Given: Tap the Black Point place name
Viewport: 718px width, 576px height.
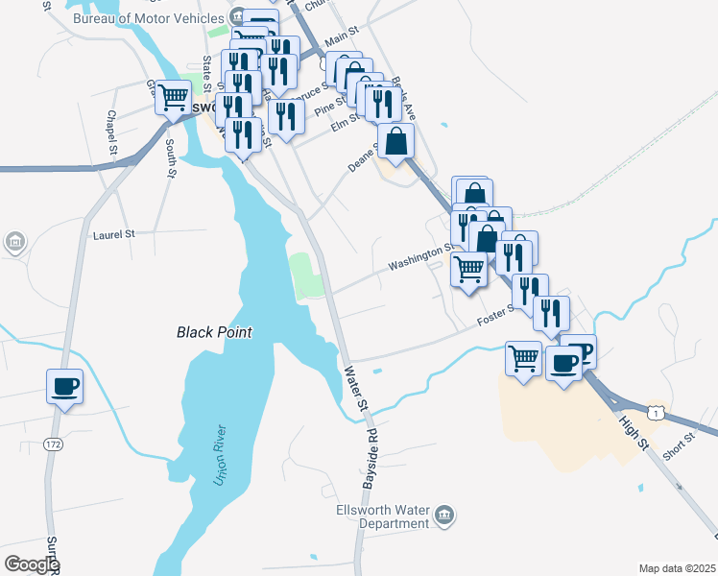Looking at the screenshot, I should point(214,332).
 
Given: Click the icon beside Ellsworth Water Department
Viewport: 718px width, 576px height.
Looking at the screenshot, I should point(443,516).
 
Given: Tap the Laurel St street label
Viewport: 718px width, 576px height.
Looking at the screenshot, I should point(114,233).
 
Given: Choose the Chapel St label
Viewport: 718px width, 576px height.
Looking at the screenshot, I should point(112,132).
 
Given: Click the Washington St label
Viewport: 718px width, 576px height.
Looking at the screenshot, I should point(419,258).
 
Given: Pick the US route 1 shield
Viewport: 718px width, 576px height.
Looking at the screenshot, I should point(657,412).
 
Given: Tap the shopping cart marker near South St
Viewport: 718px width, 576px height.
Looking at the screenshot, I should point(174,96).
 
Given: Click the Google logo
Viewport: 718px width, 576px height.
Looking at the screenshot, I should point(32,564).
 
